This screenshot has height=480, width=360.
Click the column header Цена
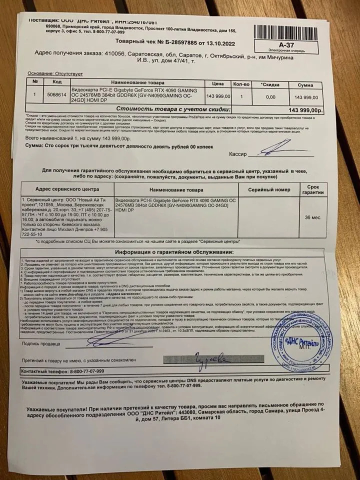[x=216, y=84]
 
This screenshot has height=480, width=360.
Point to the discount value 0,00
[x=270, y=96]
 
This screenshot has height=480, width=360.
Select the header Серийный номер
[x=270, y=190]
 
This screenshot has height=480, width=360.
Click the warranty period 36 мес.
[x=313, y=217]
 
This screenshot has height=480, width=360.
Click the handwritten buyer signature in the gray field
[x=205, y=359]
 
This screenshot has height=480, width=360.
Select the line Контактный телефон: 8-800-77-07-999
[x=63, y=371]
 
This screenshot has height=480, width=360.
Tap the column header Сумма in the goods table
[x=305, y=85]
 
